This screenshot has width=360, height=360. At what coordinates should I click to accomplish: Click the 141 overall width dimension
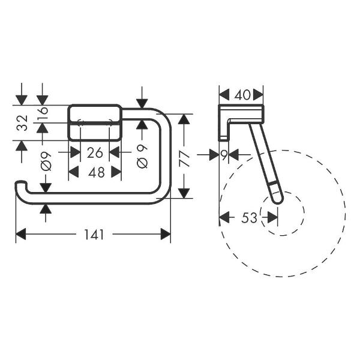tap(93, 235)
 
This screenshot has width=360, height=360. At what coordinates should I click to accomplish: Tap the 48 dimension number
tap(96, 172)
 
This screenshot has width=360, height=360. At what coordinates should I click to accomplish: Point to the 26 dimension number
tap(95, 153)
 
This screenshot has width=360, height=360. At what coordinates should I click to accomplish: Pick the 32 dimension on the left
tap(22, 124)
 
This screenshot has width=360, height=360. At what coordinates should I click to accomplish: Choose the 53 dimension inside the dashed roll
tap(249, 218)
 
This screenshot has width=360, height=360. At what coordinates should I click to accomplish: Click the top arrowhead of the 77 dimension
tap(185, 119)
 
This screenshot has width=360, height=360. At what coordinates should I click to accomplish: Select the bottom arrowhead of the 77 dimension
tap(185, 192)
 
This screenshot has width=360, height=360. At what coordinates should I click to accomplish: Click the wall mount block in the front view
tap(96, 122)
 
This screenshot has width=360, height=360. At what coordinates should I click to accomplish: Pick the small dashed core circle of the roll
tap(282, 214)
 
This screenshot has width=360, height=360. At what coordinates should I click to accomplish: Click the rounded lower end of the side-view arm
tap(275, 197)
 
